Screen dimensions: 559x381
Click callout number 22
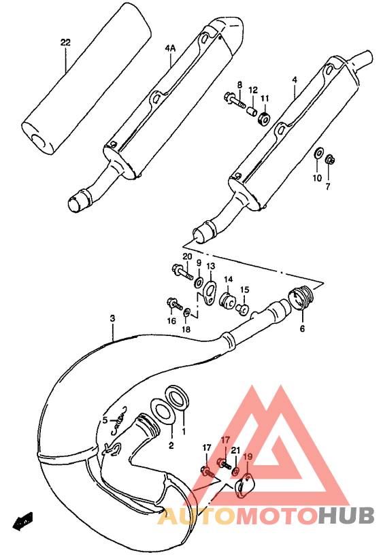(65, 42)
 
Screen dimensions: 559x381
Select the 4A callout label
(169, 49)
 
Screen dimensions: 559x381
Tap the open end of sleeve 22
(39, 139)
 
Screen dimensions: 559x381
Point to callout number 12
(252, 89)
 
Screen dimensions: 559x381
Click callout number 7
(327, 186)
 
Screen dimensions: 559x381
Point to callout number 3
(112, 318)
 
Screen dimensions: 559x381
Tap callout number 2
(171, 445)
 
